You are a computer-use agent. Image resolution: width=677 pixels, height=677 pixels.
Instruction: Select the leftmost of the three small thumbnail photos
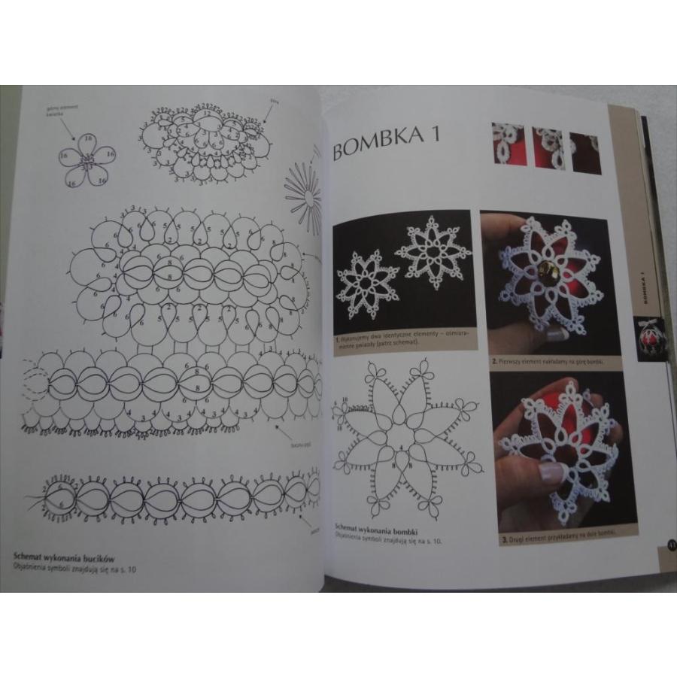tap(508, 144)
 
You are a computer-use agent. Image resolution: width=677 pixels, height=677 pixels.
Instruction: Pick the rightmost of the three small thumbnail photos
tap(585, 153)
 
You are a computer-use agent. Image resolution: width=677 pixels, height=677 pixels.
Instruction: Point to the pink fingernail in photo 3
tap(553, 472)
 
